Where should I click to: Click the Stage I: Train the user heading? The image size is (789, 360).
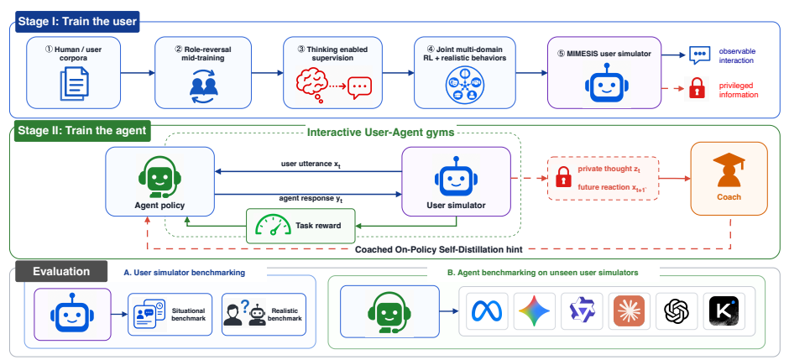point(76,22)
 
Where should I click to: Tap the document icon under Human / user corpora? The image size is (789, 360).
point(74,83)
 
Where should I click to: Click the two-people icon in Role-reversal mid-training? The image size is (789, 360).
point(203,85)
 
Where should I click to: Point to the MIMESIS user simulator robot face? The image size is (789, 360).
point(604,84)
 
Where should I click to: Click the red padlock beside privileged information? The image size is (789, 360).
point(698,89)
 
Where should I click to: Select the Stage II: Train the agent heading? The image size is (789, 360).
point(82,131)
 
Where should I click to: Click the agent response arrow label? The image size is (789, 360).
point(311,199)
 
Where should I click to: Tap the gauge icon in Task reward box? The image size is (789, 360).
point(273,225)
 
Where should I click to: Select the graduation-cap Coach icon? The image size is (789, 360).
point(729,170)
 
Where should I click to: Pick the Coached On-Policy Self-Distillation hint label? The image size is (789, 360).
point(439,249)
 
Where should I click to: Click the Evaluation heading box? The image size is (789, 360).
point(61,272)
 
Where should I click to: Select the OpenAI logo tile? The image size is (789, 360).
point(677,311)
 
